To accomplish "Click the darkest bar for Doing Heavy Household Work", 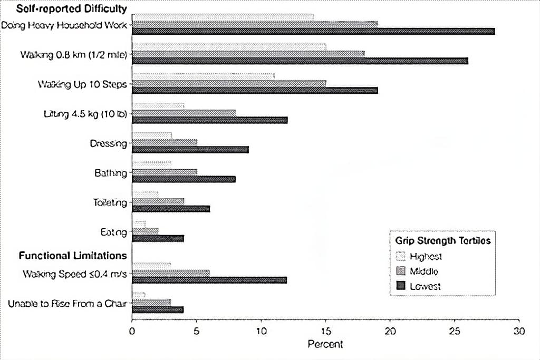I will click(x=313, y=32).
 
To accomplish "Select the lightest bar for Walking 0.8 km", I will click(x=229, y=46).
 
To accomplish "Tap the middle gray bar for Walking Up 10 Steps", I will click(x=229, y=83).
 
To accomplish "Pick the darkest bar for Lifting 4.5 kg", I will click(x=209, y=120).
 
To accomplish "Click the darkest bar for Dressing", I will click(x=190, y=150).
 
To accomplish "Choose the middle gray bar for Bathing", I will click(x=164, y=172).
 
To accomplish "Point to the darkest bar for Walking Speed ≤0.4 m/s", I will click(x=209, y=280).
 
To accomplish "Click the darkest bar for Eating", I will click(x=158, y=238).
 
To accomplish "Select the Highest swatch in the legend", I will click(x=400, y=257).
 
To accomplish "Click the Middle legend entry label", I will click(x=424, y=271).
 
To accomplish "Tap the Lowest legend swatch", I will click(x=400, y=286).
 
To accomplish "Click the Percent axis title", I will click(x=325, y=344).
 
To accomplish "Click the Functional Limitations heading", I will click(x=73, y=256).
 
